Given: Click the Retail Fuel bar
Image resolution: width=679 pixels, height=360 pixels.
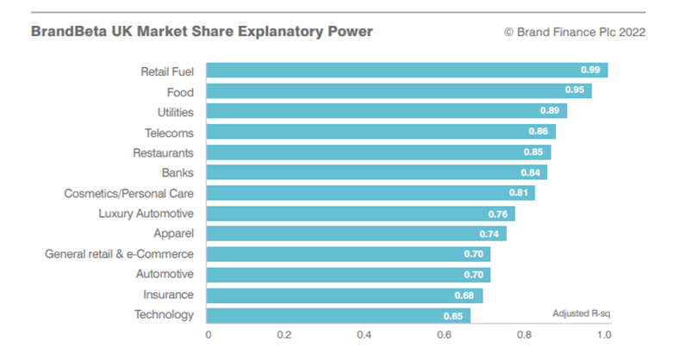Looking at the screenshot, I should (407, 71).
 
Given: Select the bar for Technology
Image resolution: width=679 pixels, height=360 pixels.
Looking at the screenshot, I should (338, 315).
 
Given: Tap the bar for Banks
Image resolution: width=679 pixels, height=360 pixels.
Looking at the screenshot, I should (377, 172).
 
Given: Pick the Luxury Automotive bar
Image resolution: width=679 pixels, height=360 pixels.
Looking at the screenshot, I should (360, 214).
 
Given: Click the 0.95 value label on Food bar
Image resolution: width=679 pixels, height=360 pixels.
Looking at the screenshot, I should (576, 91).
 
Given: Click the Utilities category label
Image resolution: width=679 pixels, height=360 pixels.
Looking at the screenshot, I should (170, 112).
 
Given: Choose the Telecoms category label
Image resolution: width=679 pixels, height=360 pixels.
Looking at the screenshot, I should (169, 133).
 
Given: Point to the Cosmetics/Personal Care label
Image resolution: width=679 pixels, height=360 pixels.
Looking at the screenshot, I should (128, 194).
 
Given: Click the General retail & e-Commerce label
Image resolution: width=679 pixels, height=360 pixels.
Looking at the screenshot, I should (119, 254).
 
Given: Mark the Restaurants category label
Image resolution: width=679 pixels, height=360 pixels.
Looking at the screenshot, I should (163, 152).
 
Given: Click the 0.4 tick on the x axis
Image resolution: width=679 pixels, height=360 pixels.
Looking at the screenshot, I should (364, 335).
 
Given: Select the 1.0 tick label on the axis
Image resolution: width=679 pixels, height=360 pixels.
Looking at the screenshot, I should (602, 335).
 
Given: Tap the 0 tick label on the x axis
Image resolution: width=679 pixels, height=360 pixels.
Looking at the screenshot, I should (208, 335).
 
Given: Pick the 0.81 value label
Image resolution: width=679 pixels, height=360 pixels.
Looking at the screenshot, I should (519, 193).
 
